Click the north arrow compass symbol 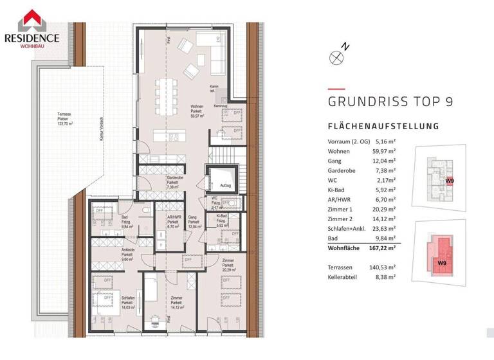click(x=338, y=57)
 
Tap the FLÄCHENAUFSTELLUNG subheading click(x=383, y=127)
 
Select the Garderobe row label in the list click(x=342, y=172)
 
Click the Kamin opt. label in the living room click(x=214, y=90)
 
